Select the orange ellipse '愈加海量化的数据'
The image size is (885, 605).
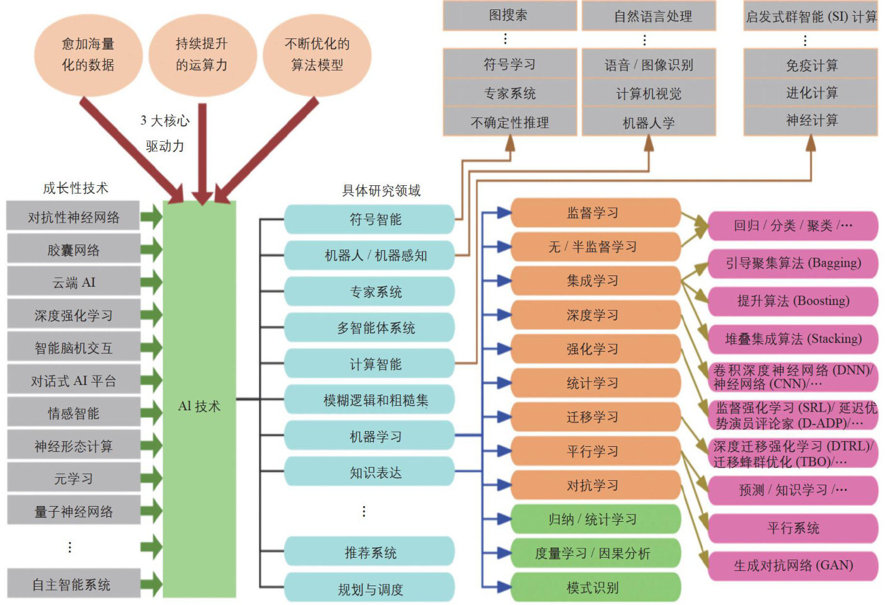click(x=88, y=54)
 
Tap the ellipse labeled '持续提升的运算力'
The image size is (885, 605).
click(x=202, y=54)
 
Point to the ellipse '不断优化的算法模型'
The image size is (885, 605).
click(x=317, y=54)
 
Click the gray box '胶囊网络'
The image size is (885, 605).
click(x=73, y=250)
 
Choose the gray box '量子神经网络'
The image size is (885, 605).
click(x=73, y=511)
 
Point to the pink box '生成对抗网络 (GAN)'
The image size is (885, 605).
click(x=793, y=565)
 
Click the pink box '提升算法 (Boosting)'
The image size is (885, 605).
click(x=793, y=301)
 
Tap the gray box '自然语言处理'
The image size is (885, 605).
click(x=649, y=16)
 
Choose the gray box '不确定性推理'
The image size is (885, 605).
click(x=509, y=122)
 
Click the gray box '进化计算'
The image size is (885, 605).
click(x=811, y=93)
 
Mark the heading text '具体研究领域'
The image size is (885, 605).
click(x=381, y=190)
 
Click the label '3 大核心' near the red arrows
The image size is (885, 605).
click(x=165, y=120)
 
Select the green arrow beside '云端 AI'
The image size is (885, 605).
click(x=151, y=282)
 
